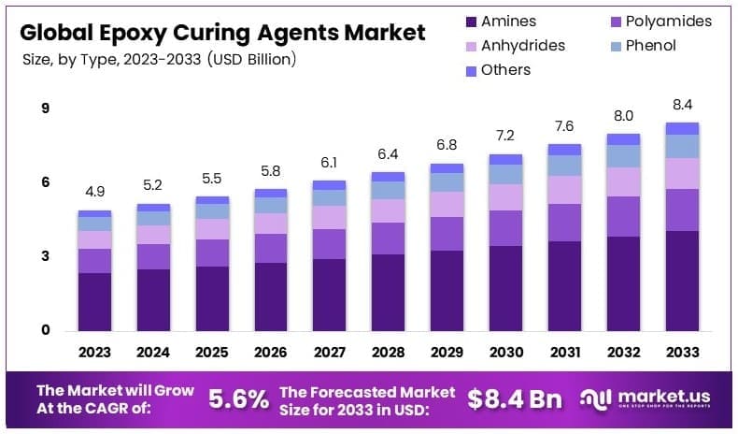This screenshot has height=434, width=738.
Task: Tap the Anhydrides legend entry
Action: (x=522, y=45)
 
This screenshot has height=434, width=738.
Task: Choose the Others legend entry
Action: (x=505, y=69)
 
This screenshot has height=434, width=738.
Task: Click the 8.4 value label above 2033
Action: (x=682, y=104)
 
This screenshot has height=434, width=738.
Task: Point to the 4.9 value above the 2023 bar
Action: (x=94, y=192)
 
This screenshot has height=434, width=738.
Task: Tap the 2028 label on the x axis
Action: (x=388, y=352)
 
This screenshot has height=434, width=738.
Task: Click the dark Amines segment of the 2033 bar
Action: (x=682, y=280)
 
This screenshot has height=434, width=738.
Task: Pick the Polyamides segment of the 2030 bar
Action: (x=505, y=228)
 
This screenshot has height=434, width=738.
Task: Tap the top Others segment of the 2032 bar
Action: (x=623, y=138)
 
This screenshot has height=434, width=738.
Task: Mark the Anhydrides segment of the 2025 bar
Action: (x=212, y=229)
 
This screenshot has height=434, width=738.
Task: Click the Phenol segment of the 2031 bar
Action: (x=564, y=166)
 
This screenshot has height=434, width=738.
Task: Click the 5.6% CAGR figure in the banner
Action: (x=238, y=399)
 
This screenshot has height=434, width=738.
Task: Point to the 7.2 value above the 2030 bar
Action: (x=505, y=136)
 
